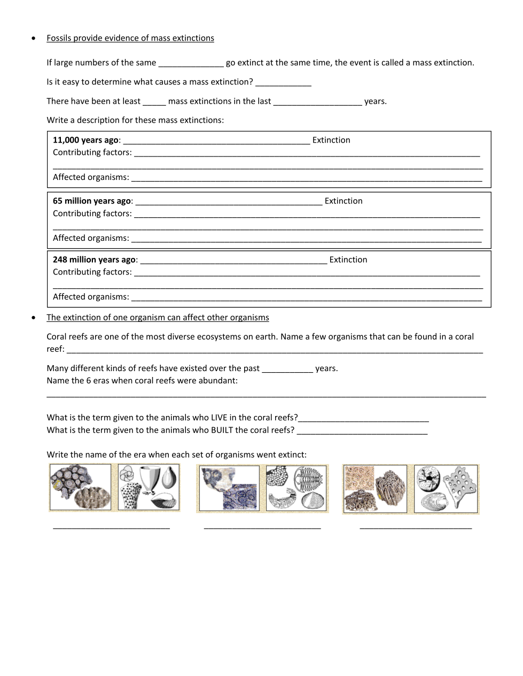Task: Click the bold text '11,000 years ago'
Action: tap(85, 140)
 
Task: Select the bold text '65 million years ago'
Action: tap(92, 201)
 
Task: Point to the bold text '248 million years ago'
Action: tap(94, 260)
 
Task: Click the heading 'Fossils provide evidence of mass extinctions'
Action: tap(130, 38)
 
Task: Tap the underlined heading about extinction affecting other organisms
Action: tap(158, 317)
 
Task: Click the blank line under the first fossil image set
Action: tap(111, 528)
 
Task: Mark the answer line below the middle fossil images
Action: tap(262, 528)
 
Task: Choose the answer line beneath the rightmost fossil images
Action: tap(416, 528)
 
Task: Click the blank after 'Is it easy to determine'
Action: tap(283, 84)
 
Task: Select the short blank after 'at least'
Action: tap(154, 104)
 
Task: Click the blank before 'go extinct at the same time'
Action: tap(191, 65)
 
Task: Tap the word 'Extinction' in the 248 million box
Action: tap(348, 260)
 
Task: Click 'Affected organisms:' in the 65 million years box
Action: tap(91, 238)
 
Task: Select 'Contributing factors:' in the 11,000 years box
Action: tap(92, 152)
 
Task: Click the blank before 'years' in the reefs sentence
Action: tap(287, 371)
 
